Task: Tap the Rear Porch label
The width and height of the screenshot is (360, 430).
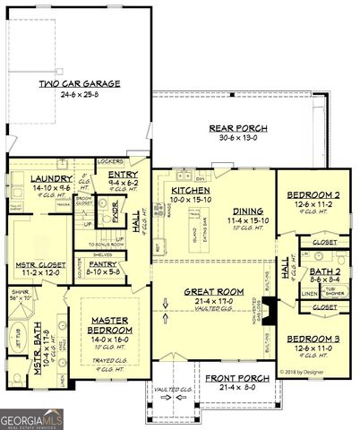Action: (x=233, y=128)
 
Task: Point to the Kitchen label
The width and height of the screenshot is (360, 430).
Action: (x=192, y=191)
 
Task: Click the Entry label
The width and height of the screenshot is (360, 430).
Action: (x=121, y=175)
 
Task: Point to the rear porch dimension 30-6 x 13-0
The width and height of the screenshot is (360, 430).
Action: (x=233, y=137)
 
